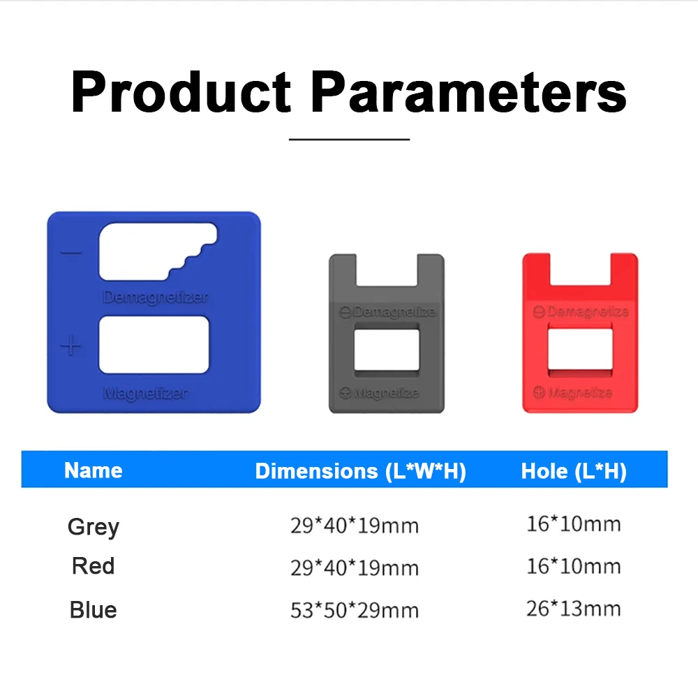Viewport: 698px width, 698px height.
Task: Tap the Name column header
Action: (93, 470)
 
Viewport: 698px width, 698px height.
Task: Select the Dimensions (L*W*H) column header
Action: (360, 471)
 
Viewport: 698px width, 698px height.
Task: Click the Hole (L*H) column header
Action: (574, 471)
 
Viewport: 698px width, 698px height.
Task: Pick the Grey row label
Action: (93, 526)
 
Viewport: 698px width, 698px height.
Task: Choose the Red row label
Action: (93, 565)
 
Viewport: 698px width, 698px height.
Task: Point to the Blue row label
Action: (93, 610)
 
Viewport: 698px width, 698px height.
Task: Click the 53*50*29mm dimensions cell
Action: (355, 611)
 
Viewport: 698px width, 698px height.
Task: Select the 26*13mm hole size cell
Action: (573, 609)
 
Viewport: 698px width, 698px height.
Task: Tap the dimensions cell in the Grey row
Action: (355, 526)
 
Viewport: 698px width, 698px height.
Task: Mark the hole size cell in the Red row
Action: (573, 566)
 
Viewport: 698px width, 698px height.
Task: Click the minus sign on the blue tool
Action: (71, 253)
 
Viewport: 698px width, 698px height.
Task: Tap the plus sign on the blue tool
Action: (71, 346)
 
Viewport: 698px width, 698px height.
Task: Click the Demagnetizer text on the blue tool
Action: (156, 297)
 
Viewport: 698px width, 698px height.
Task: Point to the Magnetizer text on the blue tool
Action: (145, 394)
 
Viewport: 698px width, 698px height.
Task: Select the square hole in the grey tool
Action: (386, 350)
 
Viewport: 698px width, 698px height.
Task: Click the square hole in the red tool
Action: (579, 350)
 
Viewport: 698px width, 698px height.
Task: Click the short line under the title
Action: (349, 140)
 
